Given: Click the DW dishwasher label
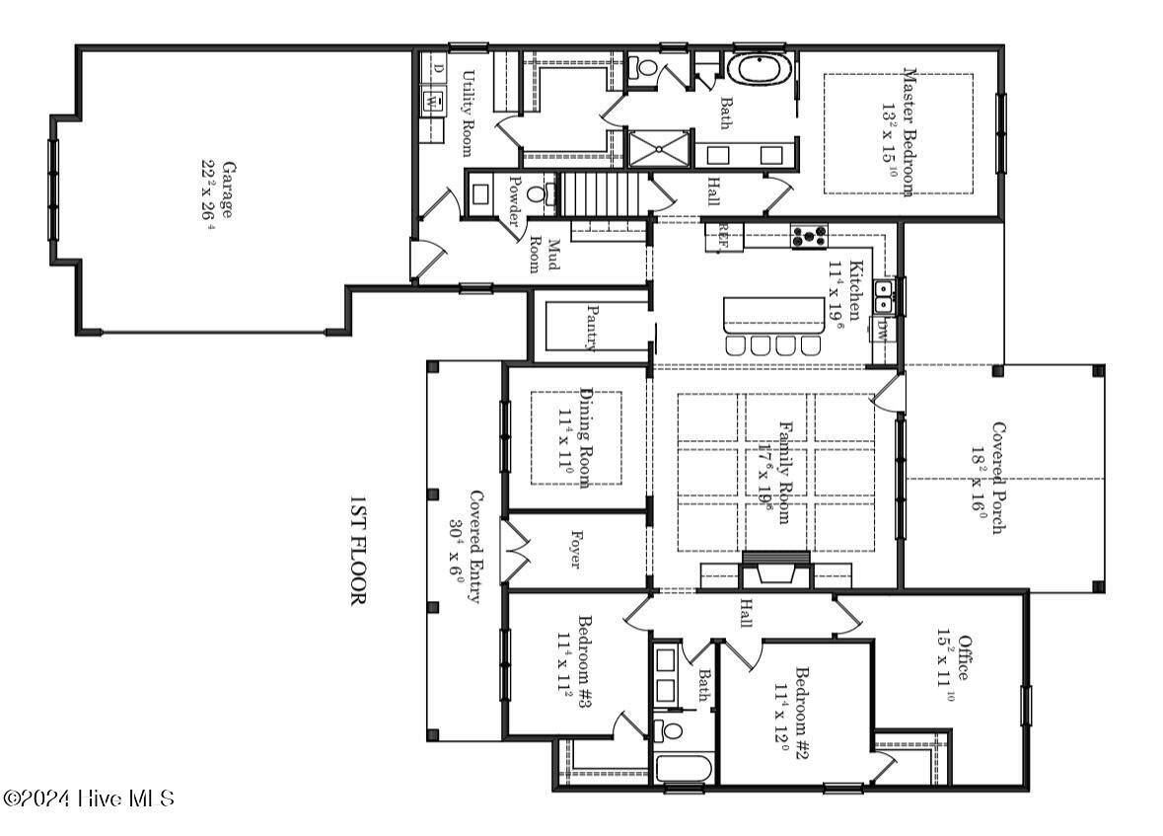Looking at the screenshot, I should [882, 331].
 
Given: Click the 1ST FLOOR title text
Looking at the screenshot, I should [357, 552].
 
